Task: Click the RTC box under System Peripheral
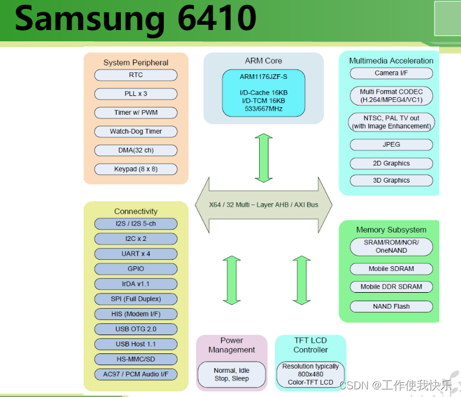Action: tap(135, 75)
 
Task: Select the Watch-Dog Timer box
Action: tap(135, 131)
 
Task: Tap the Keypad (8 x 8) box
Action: tap(135, 169)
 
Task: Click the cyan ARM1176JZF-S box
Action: tap(263, 92)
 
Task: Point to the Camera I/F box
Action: tap(391, 73)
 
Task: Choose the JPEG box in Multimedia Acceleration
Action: tap(391, 144)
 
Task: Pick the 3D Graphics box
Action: tap(391, 180)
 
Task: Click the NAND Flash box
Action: tap(391, 306)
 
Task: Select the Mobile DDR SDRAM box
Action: tap(391, 287)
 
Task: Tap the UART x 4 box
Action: tap(135, 254)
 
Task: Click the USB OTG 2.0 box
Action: tap(135, 329)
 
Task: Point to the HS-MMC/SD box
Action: tap(135, 359)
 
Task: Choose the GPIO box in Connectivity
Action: tap(135, 269)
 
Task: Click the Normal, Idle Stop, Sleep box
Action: tap(231, 375)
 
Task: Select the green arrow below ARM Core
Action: tap(263, 157)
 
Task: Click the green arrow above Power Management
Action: tap(231, 280)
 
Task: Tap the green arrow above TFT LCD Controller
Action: tap(301, 280)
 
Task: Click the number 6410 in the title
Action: tap(215, 19)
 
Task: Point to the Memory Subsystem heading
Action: tap(391, 230)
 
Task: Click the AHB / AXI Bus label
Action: tap(263, 205)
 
